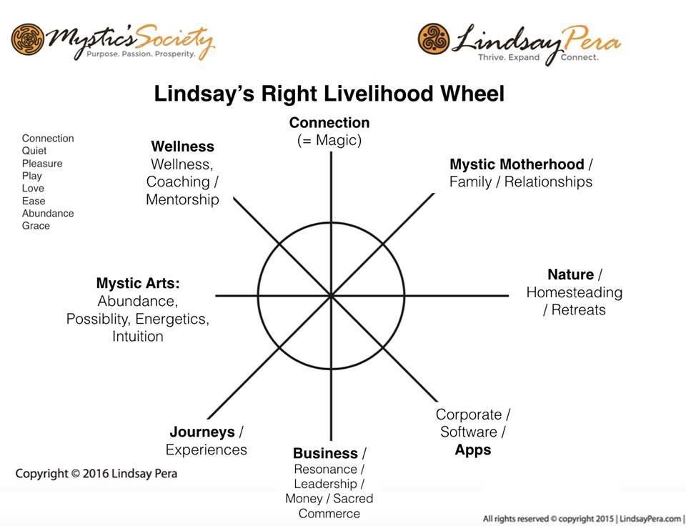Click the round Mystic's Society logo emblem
click(28, 40)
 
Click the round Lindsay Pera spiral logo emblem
click(434, 39)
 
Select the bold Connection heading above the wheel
click(329, 122)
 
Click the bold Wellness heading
click(182, 147)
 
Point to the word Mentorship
click(182, 199)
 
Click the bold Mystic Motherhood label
click(517, 164)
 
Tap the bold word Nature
click(570, 275)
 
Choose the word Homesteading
click(574, 292)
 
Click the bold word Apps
click(473, 450)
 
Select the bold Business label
click(326, 453)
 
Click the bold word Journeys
click(202, 432)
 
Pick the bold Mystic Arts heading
click(138, 283)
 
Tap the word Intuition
click(138, 337)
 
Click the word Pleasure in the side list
click(42, 164)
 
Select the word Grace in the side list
click(36, 226)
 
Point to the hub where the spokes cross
click(331, 296)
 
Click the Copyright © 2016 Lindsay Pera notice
click(96, 474)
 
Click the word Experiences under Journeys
click(206, 450)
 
